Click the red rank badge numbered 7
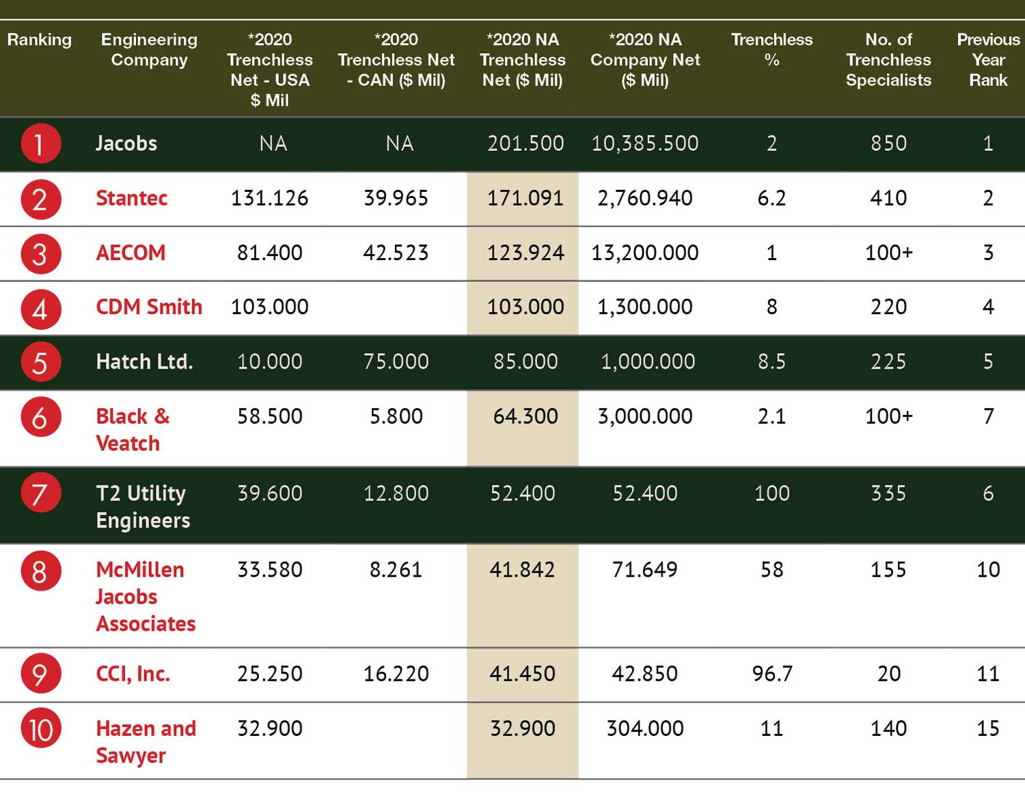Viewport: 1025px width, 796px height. click(40, 493)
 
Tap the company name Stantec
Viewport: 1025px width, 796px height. click(132, 198)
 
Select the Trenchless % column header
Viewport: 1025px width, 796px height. click(771, 49)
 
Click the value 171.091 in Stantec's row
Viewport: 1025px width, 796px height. click(525, 198)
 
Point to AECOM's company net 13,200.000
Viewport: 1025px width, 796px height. click(645, 253)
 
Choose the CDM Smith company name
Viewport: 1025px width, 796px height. click(149, 307)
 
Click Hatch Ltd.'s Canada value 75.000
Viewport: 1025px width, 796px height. click(396, 362)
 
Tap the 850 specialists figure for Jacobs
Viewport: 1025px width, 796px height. click(889, 143)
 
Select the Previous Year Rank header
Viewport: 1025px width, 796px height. click(988, 60)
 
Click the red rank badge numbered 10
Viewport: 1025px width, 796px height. click(40, 728)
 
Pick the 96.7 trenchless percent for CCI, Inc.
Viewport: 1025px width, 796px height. click(772, 674)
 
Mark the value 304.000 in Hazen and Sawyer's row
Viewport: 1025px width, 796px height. click(645, 728)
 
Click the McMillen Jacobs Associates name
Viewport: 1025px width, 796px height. click(146, 596)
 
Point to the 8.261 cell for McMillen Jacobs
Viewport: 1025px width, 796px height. click(396, 570)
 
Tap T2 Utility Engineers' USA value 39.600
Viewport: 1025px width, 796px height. click(269, 493)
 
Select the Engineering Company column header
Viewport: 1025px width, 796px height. click(149, 49)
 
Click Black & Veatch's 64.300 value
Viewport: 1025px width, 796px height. click(525, 416)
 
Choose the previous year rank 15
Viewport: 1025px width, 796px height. click(987, 728)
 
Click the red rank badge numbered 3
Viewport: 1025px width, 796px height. click(40, 254)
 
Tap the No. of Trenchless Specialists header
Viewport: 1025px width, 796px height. click(889, 60)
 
